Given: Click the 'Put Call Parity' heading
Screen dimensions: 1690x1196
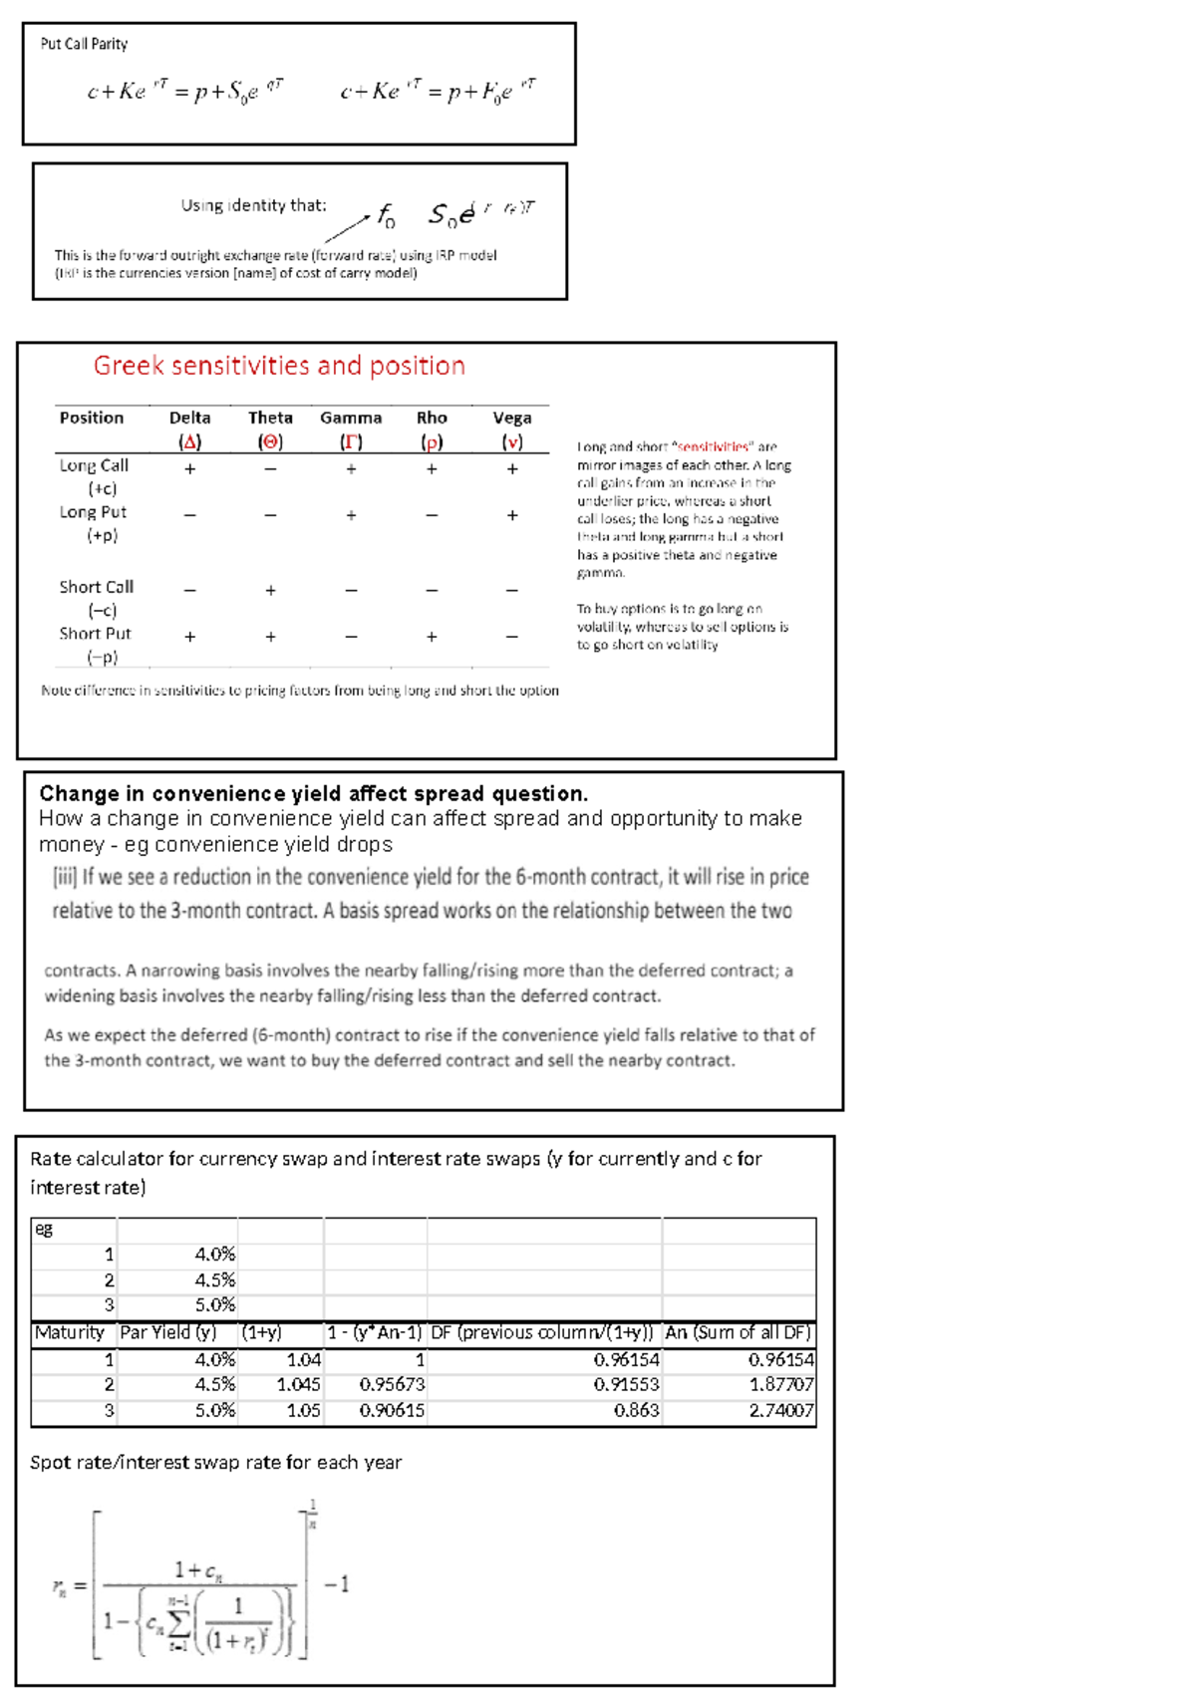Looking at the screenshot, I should pyautogui.click(x=84, y=44).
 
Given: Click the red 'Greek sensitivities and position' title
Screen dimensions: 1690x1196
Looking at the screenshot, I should pyautogui.click(x=279, y=366).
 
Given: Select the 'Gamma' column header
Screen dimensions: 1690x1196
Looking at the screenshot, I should pyautogui.click(x=351, y=418).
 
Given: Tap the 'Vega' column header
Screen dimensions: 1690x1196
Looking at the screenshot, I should pyautogui.click(x=512, y=418).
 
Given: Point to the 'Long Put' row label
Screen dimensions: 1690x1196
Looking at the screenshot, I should pyautogui.click(x=93, y=512).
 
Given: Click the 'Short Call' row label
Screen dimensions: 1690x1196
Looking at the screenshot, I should pyautogui.click(x=96, y=587).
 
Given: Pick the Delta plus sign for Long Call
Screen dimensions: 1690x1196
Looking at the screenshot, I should pyautogui.click(x=189, y=468).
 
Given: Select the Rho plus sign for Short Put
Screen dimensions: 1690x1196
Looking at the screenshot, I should pyautogui.click(x=432, y=637).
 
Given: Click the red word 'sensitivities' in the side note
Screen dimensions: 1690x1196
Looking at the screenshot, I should pyautogui.click(x=714, y=447).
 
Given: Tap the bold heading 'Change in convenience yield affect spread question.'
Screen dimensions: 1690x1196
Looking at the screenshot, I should pyautogui.click(x=313, y=793).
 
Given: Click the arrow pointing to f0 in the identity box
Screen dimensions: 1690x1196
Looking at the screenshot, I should pyautogui.click(x=348, y=228).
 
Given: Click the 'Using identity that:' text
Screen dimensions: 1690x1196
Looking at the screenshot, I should pyautogui.click(x=253, y=205).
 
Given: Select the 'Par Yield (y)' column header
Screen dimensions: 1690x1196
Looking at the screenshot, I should pyautogui.click(x=167, y=1332).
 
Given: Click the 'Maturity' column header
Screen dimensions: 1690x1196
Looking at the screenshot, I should pyautogui.click(x=69, y=1332).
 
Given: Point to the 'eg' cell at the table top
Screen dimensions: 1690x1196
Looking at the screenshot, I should pyautogui.click(x=44, y=1229).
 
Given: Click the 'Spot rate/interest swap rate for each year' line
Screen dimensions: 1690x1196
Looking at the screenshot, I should pyautogui.click(x=215, y=1462).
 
